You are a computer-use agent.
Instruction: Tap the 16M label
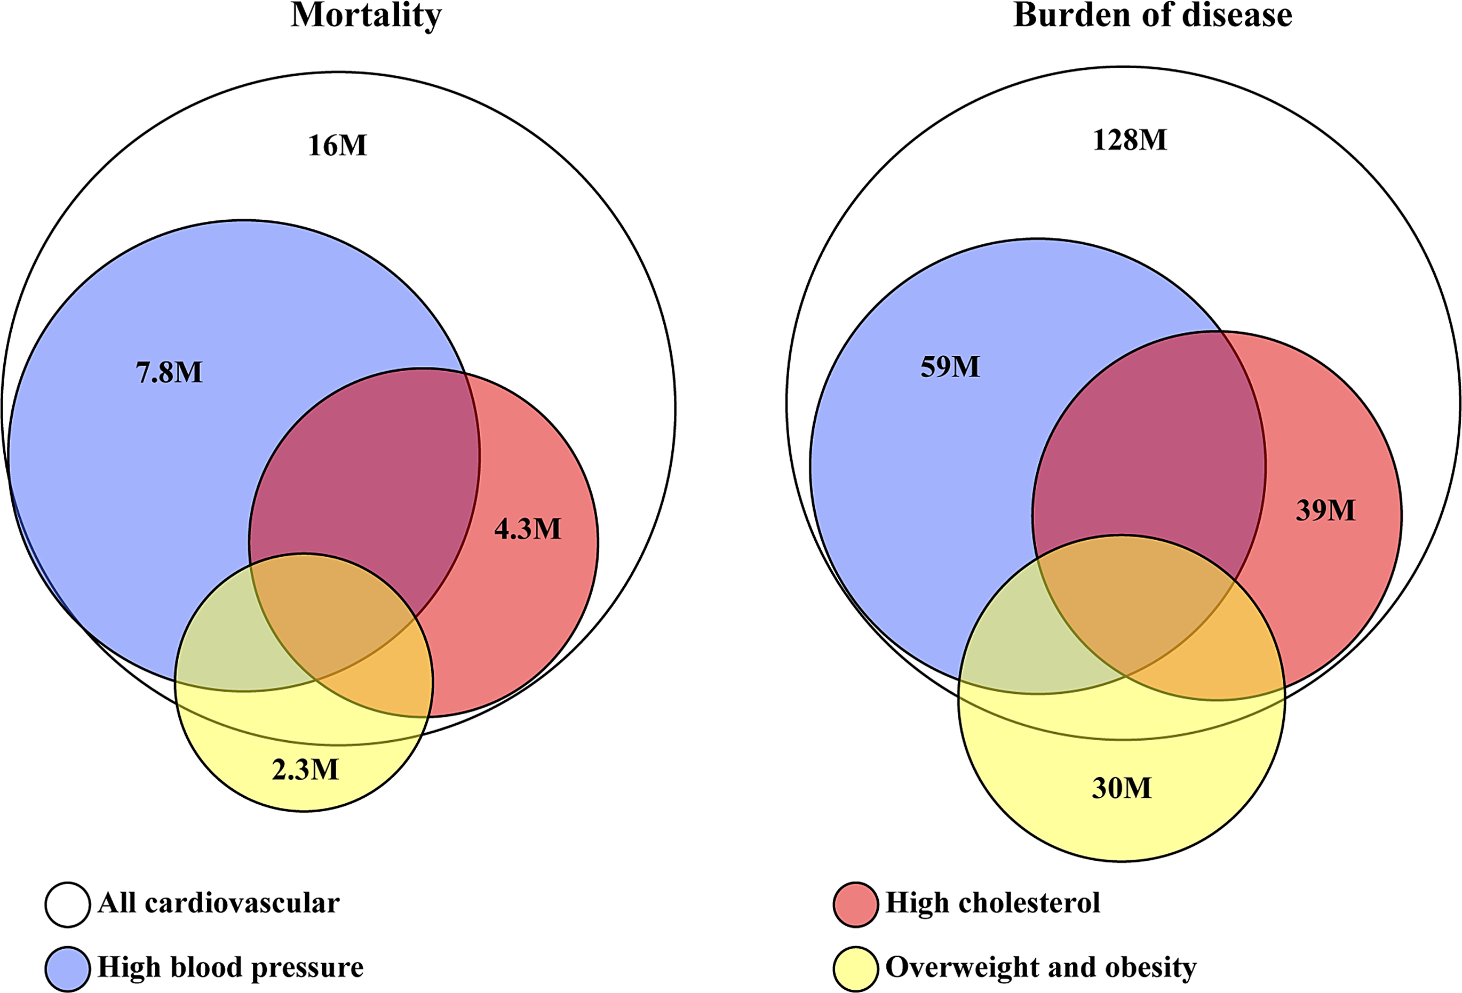pyautogui.click(x=337, y=146)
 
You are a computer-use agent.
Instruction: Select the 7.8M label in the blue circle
pyautogui.click(x=169, y=372)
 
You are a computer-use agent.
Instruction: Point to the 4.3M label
pyautogui.click(x=528, y=529)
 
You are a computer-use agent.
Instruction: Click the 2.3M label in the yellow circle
pyautogui.click(x=305, y=770)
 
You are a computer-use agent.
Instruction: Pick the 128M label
pyautogui.click(x=1130, y=140)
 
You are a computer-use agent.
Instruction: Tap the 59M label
pyautogui.click(x=950, y=366)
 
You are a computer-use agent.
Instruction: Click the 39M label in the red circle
pyautogui.click(x=1325, y=510)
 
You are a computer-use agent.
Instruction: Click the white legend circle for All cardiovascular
pyautogui.click(x=67, y=904)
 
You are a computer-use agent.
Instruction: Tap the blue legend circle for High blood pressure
pyautogui.click(x=67, y=968)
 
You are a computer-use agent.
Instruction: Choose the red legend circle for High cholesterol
pyautogui.click(x=855, y=904)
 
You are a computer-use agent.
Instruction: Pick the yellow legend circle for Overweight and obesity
pyautogui.click(x=855, y=968)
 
